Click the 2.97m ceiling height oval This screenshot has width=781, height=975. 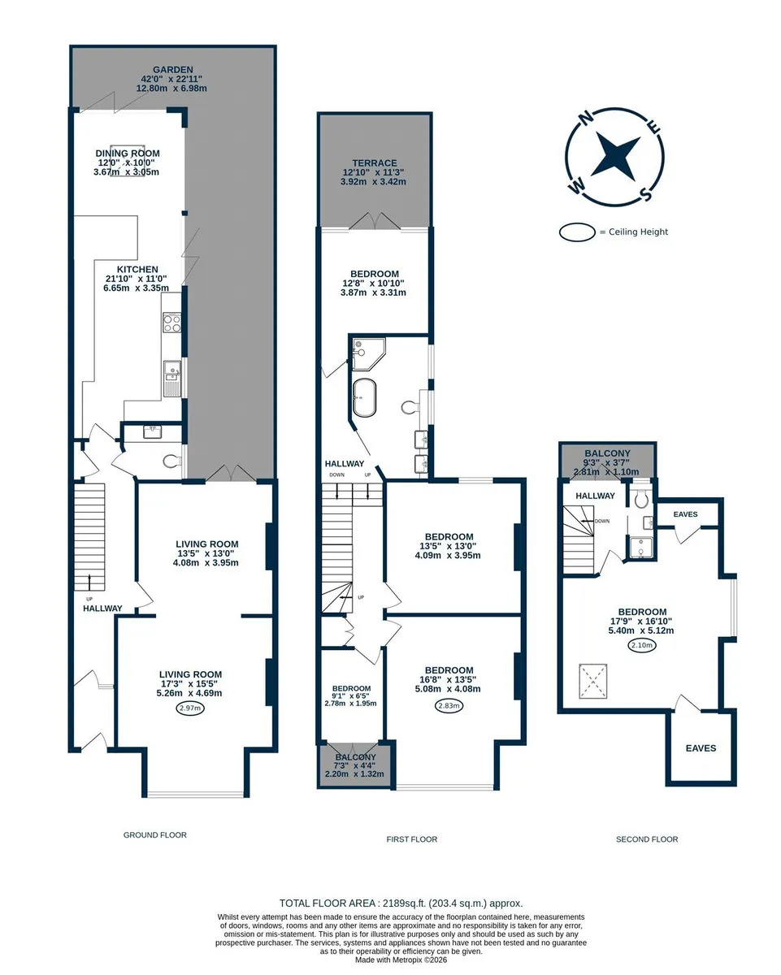coord(190,708)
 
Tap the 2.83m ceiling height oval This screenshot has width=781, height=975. coord(449,705)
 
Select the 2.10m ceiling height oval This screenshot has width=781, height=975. coord(642,645)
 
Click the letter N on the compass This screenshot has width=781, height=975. coord(587,118)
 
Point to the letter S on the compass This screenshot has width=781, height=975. coord(645,194)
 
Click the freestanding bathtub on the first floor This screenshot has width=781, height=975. coord(364,397)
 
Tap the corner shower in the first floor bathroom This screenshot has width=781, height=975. coord(368,354)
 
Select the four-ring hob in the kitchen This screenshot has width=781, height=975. coord(171,323)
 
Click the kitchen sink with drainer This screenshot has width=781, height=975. coord(171,379)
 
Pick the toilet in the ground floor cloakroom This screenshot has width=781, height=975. coord(171,461)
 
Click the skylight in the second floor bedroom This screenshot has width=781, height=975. coord(593,681)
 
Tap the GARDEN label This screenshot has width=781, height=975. coord(173,70)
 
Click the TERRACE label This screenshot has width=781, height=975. coord(375,163)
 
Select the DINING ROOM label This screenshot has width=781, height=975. coord(128,153)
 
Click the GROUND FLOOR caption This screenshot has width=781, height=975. coord(155,834)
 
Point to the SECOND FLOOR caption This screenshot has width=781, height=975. coord(647,839)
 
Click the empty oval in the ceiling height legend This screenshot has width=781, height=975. coord(577,232)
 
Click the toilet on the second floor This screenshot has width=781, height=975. coord(641,498)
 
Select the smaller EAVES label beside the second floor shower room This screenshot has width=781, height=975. coord(685,514)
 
